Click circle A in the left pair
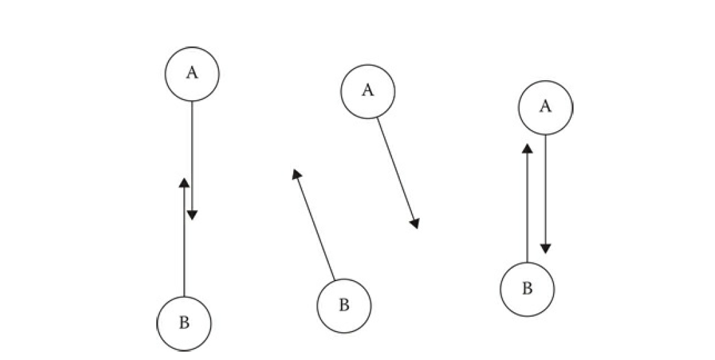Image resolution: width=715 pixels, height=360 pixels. [192, 74]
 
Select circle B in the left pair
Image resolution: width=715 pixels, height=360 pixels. [184, 323]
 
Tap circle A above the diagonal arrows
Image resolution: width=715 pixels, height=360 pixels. [368, 91]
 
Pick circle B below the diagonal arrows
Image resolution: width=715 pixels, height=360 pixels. [344, 306]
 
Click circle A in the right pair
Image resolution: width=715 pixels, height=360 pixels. [545, 107]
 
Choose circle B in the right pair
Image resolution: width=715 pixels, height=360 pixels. [527, 289]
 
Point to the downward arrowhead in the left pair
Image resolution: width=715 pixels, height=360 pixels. [192, 215]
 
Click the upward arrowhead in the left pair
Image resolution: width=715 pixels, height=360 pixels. [184, 183]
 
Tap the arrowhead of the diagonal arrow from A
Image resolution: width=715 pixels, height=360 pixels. [415, 223]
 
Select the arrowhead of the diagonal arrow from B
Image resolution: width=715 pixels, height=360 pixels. [296, 174]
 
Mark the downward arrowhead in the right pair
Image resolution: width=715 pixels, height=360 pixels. [546, 248]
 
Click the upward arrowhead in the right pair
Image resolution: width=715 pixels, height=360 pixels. [528, 149]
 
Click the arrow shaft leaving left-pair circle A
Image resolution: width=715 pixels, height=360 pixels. [192, 155]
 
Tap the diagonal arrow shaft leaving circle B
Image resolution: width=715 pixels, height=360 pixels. [315, 226]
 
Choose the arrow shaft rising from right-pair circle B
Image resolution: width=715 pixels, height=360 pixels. [528, 207]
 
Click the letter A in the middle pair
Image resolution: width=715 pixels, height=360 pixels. [368, 90]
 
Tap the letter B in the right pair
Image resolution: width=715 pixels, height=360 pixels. [527, 289]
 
